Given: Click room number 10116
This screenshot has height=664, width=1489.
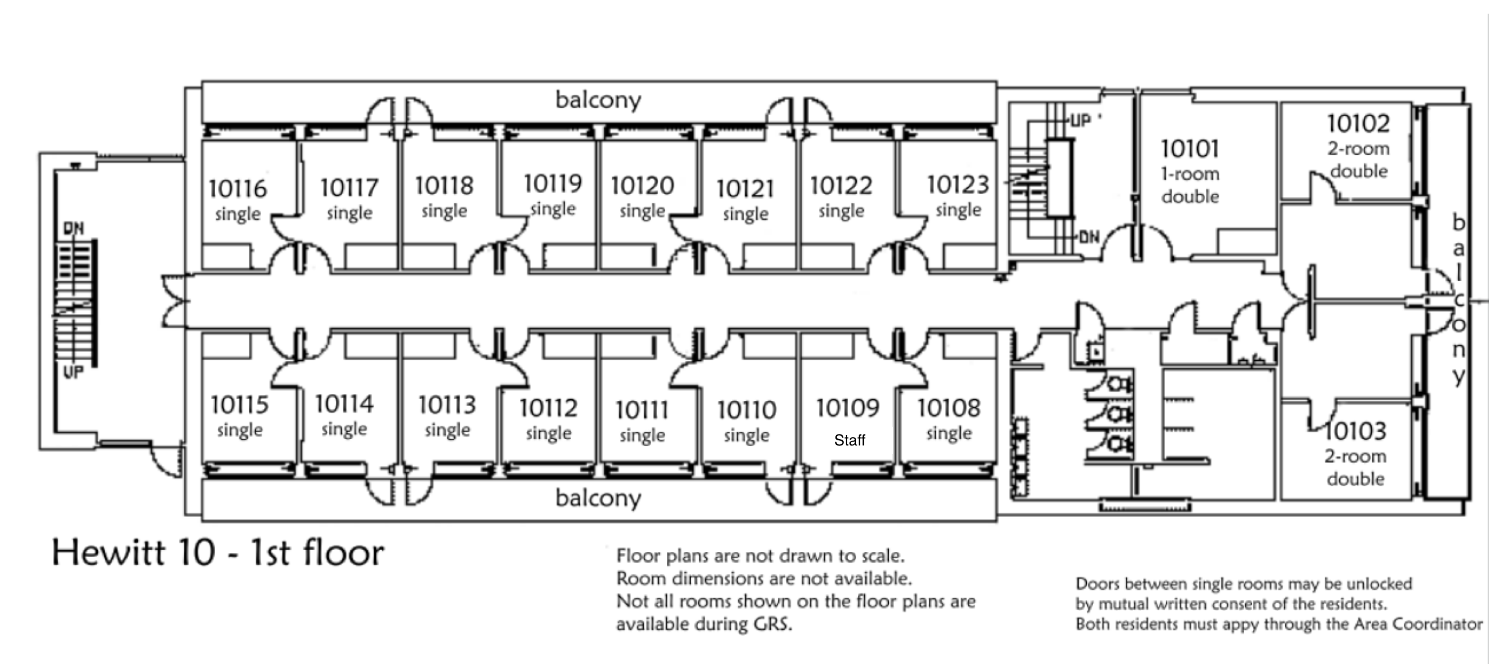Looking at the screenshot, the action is coord(237,189).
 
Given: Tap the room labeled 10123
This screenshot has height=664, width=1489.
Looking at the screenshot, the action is coord(958,185).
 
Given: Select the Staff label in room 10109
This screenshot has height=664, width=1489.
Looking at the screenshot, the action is coord(849,440).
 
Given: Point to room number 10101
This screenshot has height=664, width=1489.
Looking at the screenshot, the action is coord(1190,149).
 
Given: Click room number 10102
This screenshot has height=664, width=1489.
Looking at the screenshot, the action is coord(1358,123).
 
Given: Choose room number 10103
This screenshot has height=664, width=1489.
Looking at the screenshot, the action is coord(1355,431).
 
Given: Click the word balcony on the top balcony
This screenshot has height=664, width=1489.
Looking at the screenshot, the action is coord(598,100).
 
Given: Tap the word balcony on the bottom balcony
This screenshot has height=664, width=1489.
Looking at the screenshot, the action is coord(598,498).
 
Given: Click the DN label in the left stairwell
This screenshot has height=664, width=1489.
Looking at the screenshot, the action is coord(74,228).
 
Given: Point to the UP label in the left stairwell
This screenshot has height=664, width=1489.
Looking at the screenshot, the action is coord(73,372).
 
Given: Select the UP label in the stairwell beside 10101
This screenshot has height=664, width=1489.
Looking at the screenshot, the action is coord(1080,121).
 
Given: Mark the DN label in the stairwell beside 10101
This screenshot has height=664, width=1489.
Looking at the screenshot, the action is coord(1089,237).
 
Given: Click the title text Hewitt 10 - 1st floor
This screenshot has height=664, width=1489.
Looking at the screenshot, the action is coord(218,553).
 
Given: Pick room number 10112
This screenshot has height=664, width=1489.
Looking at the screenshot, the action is coord(548,408).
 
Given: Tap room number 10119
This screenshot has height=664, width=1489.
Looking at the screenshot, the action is coord(553,184).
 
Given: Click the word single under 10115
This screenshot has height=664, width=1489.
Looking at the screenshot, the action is coord(239,430).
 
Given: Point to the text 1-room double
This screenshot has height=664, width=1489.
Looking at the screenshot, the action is coord(1190,185).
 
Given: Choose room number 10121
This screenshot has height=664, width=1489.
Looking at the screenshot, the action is coord(745,189).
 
